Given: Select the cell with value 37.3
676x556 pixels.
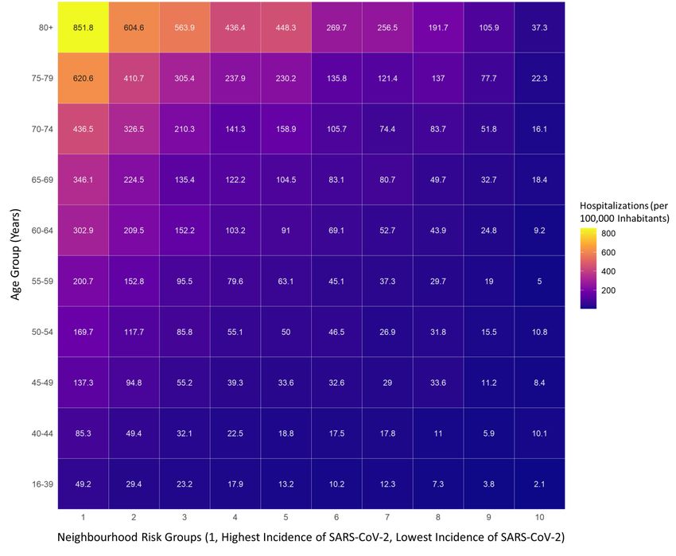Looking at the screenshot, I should (x=539, y=28).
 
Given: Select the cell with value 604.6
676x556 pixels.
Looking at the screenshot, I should (x=134, y=28).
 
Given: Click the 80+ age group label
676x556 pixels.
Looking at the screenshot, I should (x=45, y=28).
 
